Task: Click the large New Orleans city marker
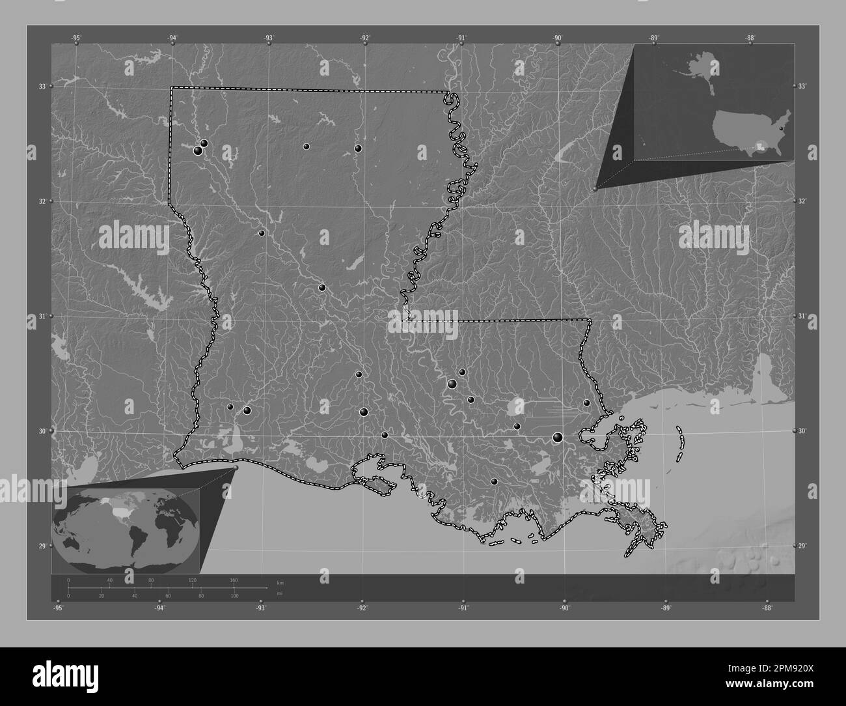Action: pos(558,437)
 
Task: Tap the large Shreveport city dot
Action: pos(198,151)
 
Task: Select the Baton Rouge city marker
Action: pos(452,384)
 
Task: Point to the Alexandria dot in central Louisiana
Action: pos(321,287)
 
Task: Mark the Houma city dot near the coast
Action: pos(495,481)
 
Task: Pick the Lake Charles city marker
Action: pos(247,410)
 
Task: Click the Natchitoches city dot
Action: pos(262,233)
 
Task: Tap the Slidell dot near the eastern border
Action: pos(586,402)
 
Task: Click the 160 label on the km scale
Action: pos(234,580)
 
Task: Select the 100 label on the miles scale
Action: pos(234,595)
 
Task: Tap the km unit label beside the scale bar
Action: pos(280,582)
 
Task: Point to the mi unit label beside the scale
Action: pos(279,593)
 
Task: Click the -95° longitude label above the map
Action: pos(76,38)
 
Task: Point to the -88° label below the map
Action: pos(767,608)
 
